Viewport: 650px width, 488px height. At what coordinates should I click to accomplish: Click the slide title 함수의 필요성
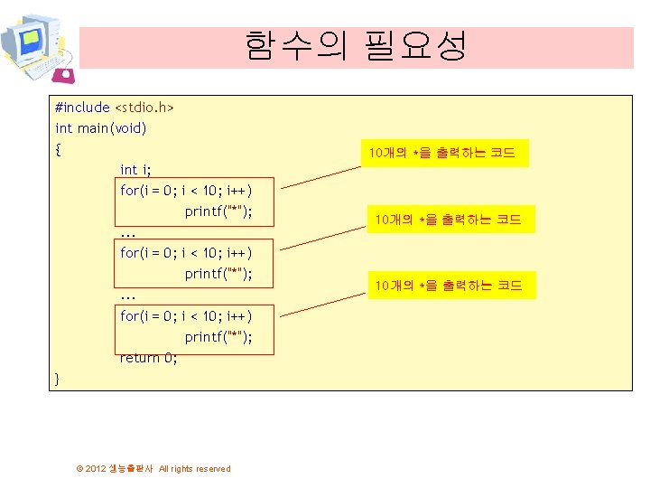click(x=356, y=45)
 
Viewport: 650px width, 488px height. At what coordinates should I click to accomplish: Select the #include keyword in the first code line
click(x=82, y=108)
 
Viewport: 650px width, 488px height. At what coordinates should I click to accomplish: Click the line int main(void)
click(x=100, y=128)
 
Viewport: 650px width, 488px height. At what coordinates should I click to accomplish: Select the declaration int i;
click(x=135, y=170)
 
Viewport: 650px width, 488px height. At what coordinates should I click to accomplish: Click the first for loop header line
click(x=185, y=191)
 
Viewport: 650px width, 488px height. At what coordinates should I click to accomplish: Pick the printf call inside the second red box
click(x=218, y=274)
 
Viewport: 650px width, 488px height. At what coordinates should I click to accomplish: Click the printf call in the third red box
click(x=218, y=337)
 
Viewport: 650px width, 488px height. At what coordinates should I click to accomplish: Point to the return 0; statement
click(x=149, y=358)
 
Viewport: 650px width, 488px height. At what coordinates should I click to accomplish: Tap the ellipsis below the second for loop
click(x=127, y=296)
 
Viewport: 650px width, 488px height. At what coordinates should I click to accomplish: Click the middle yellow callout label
click(x=448, y=220)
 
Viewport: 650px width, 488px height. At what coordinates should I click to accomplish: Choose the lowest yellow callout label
click(x=448, y=286)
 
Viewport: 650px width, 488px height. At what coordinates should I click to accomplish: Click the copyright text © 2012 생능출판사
click(x=153, y=468)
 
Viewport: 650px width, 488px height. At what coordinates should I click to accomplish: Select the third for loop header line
click(x=185, y=316)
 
